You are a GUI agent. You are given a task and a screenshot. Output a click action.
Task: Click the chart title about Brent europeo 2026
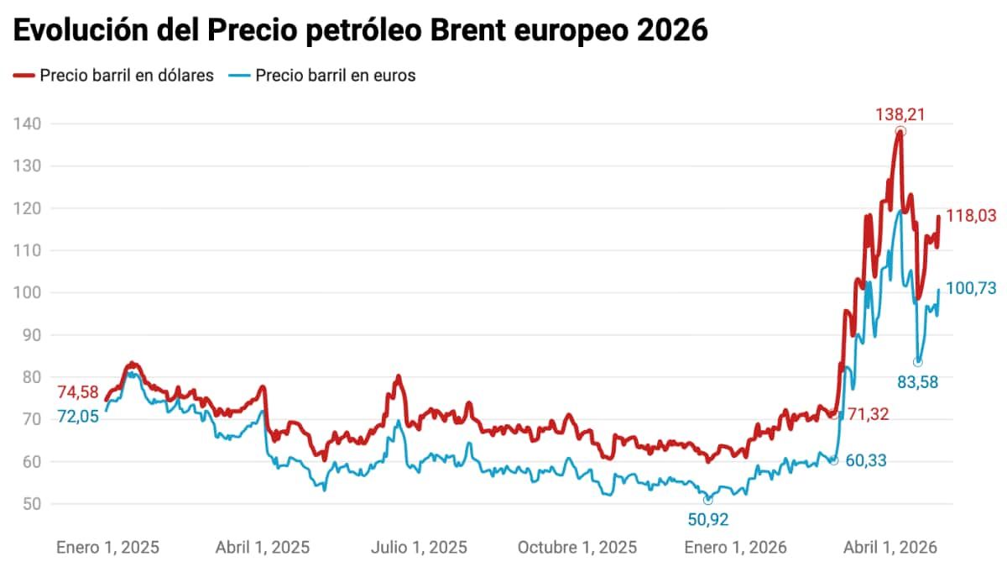tap(361, 30)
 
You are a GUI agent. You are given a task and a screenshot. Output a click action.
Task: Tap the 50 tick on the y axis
tap(31, 504)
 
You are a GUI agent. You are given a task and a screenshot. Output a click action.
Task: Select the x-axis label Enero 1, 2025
tap(107, 548)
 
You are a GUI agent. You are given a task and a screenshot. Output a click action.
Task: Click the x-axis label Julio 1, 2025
tap(420, 548)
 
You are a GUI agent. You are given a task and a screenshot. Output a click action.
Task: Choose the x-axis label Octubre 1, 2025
tap(577, 548)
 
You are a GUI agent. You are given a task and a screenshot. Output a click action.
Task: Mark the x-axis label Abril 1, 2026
tap(890, 548)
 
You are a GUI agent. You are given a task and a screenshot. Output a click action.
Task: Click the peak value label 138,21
tap(900, 114)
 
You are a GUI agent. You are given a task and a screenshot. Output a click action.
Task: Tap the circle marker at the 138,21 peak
tap(900, 132)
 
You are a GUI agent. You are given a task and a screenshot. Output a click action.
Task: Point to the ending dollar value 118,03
tap(971, 216)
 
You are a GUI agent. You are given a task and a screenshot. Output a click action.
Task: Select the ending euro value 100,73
tap(971, 288)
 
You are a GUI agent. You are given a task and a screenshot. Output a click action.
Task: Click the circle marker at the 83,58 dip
tap(918, 362)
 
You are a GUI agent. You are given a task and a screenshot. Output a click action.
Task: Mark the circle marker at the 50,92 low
tap(707, 500)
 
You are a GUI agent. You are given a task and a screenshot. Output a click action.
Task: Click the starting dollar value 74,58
tap(78, 392)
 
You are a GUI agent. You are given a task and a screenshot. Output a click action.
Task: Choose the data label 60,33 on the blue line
tap(864, 460)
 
